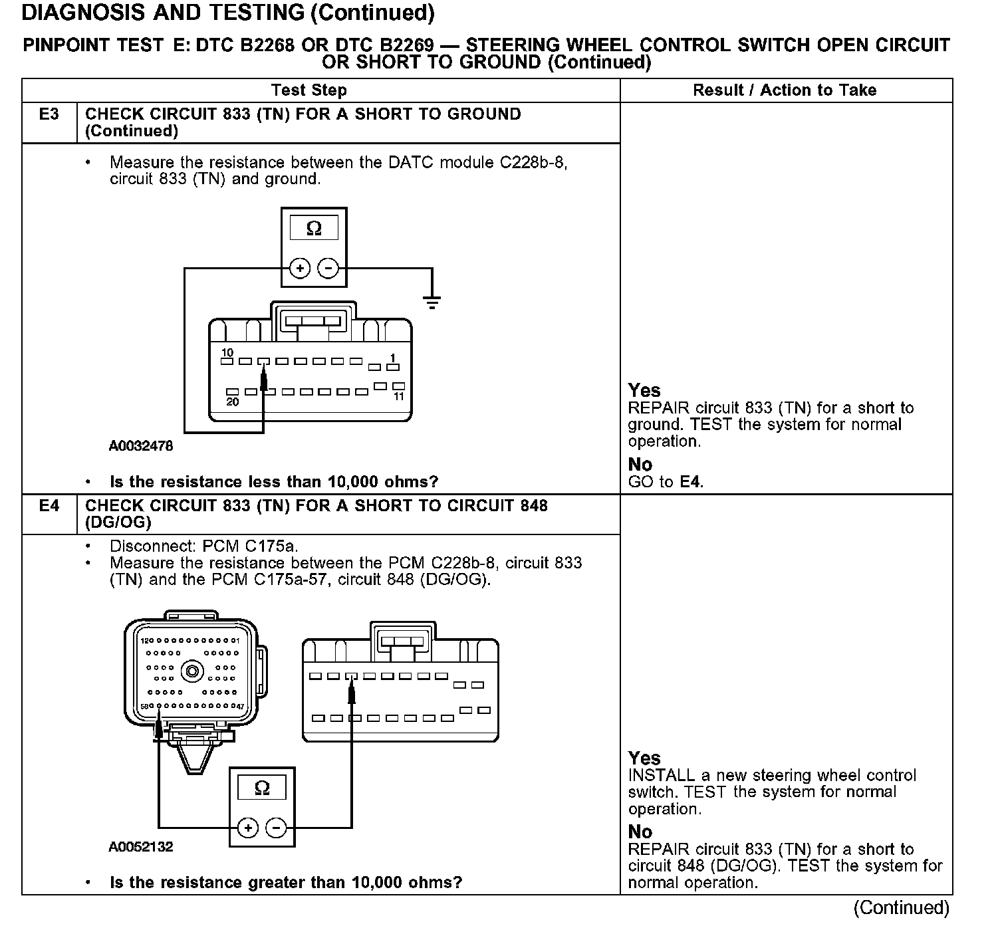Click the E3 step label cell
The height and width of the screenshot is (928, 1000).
coord(49,114)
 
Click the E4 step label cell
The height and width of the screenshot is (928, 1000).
coord(49,506)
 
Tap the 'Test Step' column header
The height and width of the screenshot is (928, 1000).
coord(309,90)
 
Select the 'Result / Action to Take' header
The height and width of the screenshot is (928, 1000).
coord(785,90)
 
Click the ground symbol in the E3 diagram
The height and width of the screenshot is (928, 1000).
coord(432,303)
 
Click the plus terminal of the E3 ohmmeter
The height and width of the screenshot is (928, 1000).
coord(300,269)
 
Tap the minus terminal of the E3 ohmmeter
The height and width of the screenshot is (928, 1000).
coord(328,269)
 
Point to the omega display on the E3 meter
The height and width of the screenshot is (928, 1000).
coord(314,229)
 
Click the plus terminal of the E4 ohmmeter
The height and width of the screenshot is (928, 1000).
coord(248,828)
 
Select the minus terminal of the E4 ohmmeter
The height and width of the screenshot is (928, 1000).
coord(276,828)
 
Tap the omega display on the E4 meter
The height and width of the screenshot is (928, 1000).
coord(262,788)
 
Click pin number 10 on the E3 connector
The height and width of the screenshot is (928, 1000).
coord(227,353)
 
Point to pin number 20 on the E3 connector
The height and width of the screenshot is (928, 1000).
coord(232,402)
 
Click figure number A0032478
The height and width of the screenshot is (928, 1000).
coord(140,446)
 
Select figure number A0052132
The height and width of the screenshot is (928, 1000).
coord(140,847)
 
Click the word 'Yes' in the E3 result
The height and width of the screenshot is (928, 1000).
coord(644,390)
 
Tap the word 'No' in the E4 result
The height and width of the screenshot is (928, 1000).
coord(640,832)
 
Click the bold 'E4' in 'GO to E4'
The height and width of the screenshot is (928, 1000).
coord(691,482)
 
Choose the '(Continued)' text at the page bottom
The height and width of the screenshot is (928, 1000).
coord(901,907)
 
